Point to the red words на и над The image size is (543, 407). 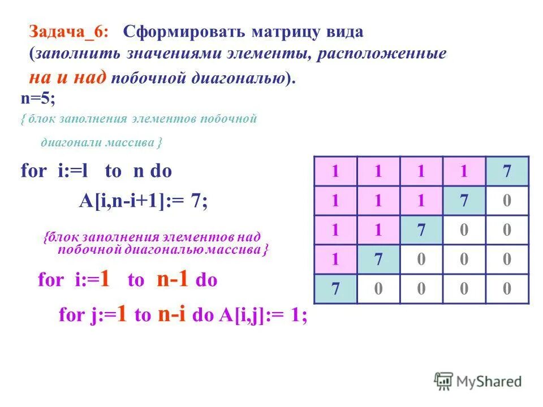[67, 77]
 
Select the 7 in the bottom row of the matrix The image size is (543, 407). [335, 289]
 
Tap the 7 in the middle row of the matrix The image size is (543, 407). [421, 230]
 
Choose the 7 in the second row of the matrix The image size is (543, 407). [464, 201]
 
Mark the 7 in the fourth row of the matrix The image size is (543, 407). [378, 259]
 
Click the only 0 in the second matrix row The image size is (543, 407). [507, 201]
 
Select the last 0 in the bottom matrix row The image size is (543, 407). [507, 289]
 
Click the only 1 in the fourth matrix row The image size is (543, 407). [335, 259]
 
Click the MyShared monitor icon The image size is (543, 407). [444, 381]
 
